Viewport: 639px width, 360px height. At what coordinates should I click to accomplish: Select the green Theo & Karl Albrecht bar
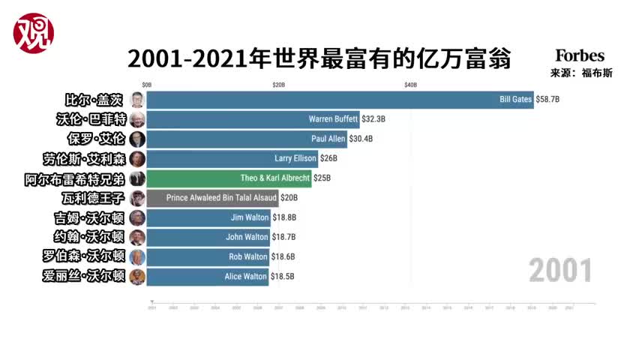(x=229, y=178)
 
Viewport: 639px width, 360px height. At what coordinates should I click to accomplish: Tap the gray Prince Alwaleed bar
(x=212, y=198)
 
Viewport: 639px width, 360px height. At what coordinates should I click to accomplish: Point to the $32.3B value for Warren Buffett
(x=373, y=118)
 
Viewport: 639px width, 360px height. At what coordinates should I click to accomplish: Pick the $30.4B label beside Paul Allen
(x=361, y=139)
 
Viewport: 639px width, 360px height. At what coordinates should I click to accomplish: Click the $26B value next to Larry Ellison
(x=328, y=158)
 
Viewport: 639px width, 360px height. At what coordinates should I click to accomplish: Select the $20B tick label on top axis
(x=278, y=85)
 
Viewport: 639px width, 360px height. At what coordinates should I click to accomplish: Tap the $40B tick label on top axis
(x=410, y=85)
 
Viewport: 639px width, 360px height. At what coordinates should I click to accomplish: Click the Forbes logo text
(x=579, y=56)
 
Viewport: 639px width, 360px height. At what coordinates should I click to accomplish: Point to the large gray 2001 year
(x=560, y=270)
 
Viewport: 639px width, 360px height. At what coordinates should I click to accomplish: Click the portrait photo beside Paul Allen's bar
(x=137, y=139)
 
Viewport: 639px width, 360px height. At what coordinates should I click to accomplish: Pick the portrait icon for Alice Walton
(x=137, y=277)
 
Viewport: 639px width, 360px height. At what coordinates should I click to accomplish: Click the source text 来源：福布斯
(x=580, y=73)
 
